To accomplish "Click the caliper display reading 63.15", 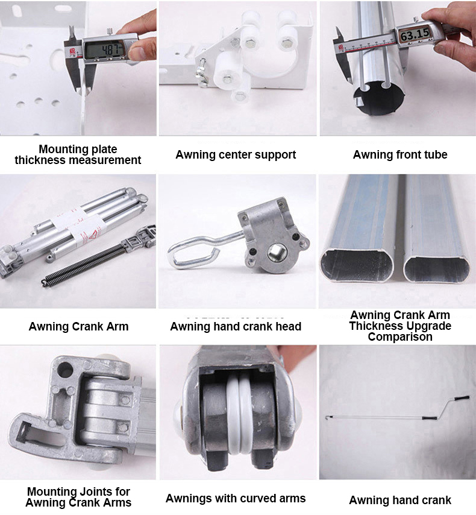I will coord(415,35).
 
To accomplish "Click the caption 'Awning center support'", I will coord(236,155).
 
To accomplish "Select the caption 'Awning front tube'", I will coord(399,155).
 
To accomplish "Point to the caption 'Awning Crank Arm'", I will coord(78,327).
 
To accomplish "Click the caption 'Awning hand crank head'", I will coord(236,327).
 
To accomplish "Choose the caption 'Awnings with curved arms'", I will coord(236,498).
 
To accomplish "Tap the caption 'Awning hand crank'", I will coord(399,500).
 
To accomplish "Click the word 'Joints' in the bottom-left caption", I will coord(100,491).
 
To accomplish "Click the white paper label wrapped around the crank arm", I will coord(72,223).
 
